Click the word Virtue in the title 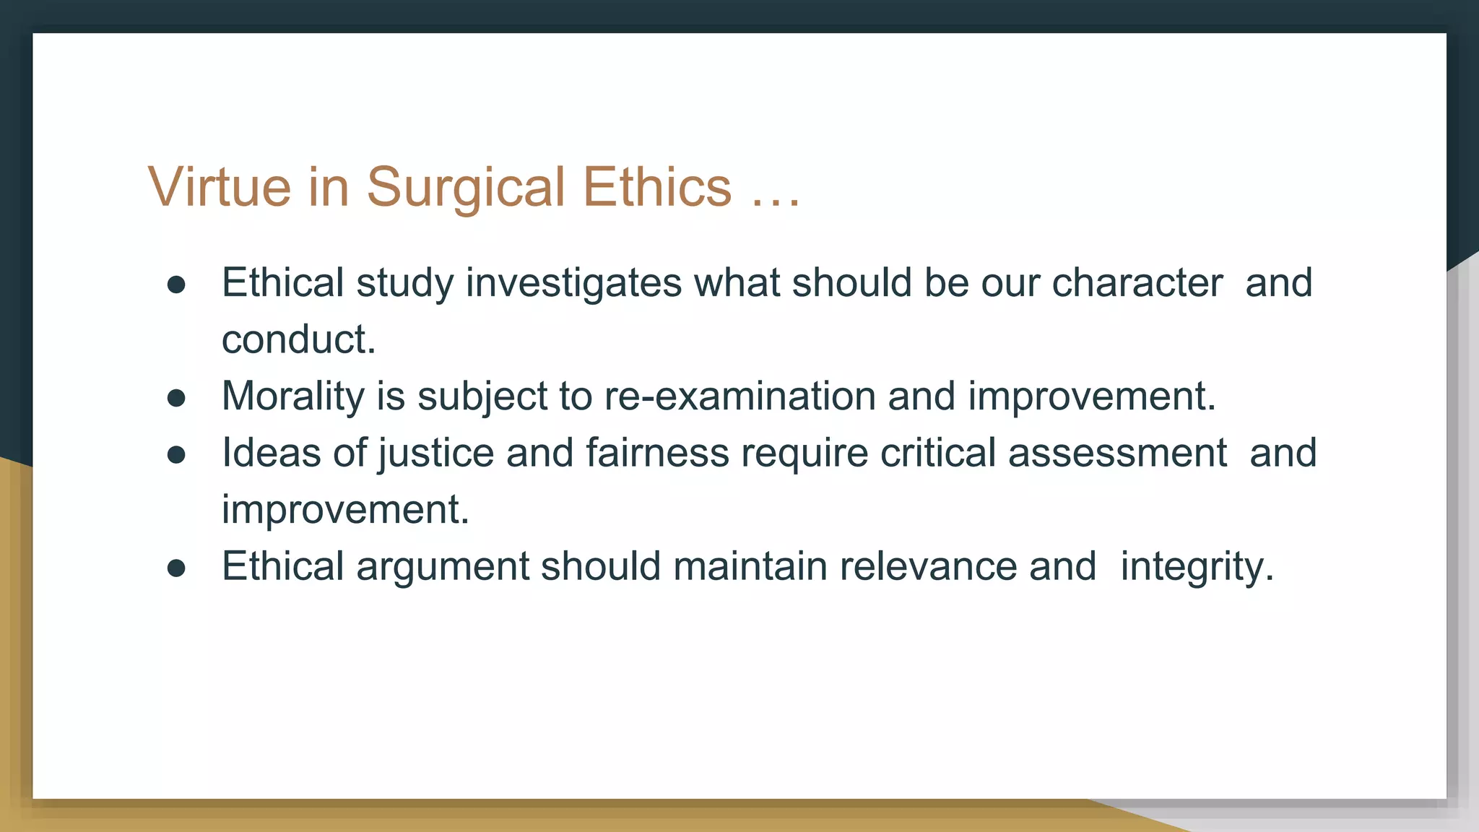click(x=220, y=187)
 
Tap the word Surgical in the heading click(x=466, y=187)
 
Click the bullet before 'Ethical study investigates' click(x=176, y=285)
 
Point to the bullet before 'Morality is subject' click(x=176, y=398)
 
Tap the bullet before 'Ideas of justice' click(x=176, y=455)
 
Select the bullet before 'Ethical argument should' click(x=176, y=568)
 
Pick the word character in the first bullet click(x=1137, y=283)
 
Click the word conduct click(x=298, y=339)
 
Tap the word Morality click(x=293, y=396)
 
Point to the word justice click(x=435, y=454)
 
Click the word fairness click(x=657, y=454)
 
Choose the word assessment click(x=1117, y=454)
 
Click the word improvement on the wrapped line click(x=344, y=510)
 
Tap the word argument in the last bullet click(x=443, y=567)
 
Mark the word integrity click(x=1196, y=567)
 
